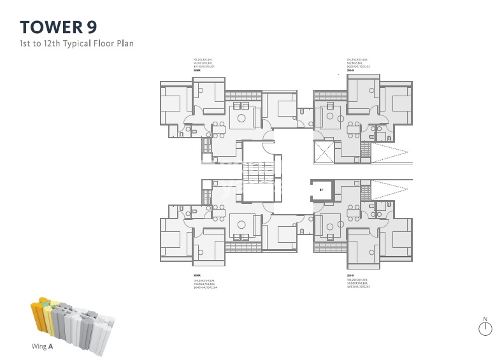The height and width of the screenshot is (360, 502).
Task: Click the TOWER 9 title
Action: (59, 27)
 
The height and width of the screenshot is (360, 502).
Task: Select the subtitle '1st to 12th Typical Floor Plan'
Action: (76, 44)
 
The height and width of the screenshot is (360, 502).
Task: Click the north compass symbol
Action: (485, 328)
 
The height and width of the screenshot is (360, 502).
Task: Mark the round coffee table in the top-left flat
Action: (241, 118)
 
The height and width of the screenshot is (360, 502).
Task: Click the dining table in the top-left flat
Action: (219, 126)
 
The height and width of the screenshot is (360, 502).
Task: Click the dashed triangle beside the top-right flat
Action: (389, 153)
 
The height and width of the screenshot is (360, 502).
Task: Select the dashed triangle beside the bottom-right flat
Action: (389, 190)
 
